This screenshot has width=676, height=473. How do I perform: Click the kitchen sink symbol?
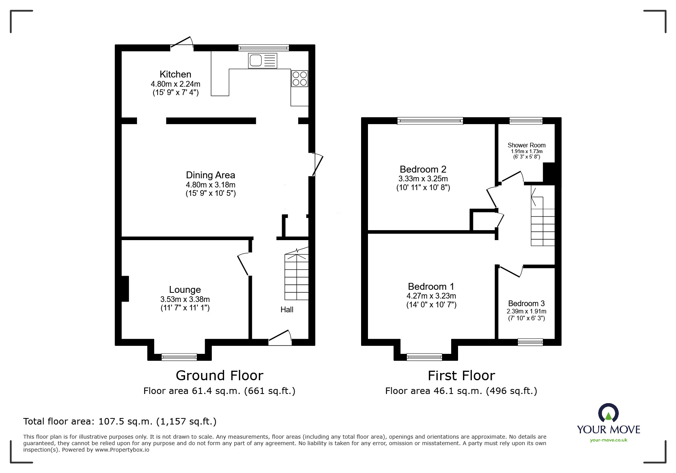click(x=262, y=61)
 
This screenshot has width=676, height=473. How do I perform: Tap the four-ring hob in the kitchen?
click(x=299, y=79)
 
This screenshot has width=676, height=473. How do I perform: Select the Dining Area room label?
click(x=210, y=175)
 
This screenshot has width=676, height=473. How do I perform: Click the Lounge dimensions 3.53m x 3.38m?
click(x=185, y=299)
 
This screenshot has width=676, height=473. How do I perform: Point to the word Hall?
click(x=287, y=310)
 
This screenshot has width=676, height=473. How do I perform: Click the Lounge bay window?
click(x=179, y=357)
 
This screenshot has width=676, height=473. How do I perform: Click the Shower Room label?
click(x=526, y=145)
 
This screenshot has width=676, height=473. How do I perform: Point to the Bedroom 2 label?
click(x=423, y=169)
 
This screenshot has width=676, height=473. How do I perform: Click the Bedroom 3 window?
click(x=530, y=342)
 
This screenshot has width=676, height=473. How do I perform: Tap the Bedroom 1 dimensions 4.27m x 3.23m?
click(x=431, y=296)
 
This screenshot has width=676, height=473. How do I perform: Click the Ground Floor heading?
click(x=219, y=376)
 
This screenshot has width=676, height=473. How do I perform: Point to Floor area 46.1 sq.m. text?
click(x=461, y=391)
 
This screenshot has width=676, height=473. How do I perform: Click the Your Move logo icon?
click(x=608, y=413)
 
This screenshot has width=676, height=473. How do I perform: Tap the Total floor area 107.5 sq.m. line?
click(x=120, y=421)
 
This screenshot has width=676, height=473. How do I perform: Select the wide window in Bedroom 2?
click(x=430, y=121)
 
